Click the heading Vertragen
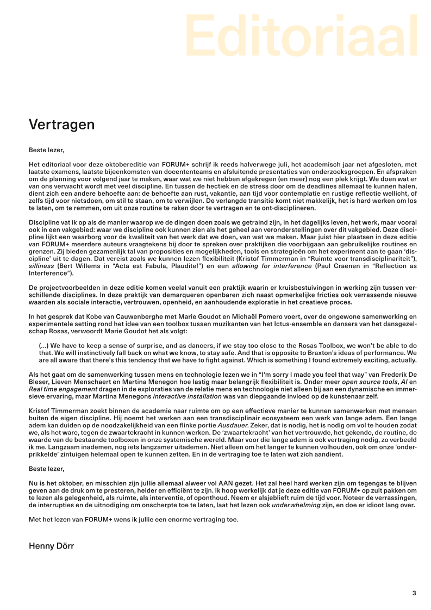click(61, 125)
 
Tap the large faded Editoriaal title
click(301, 36)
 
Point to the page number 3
click(414, 593)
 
